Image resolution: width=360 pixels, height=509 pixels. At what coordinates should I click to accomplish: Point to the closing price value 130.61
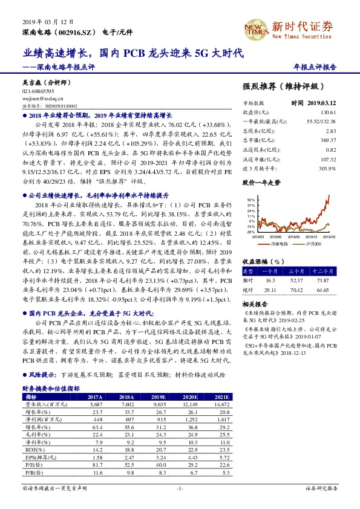(328, 112)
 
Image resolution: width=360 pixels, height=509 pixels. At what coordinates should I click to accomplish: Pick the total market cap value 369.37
(328, 140)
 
